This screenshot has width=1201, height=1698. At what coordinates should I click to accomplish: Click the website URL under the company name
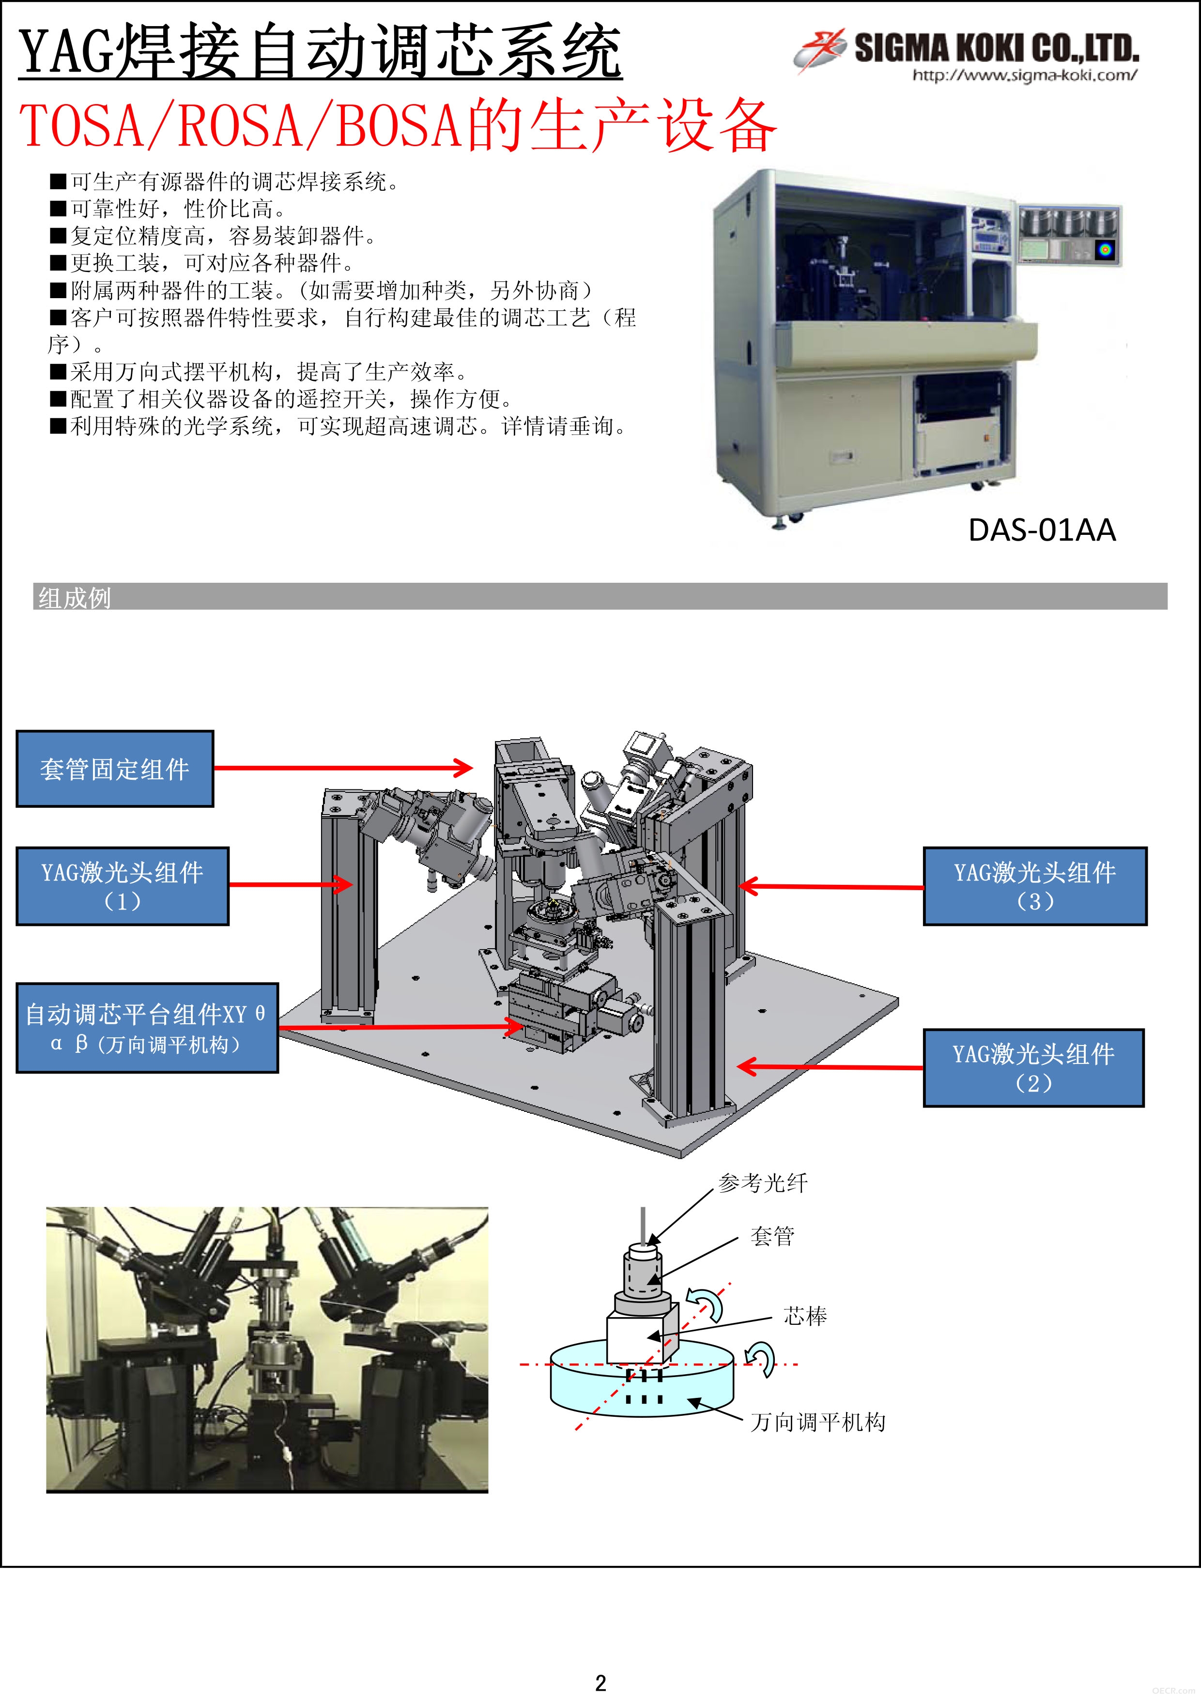[1025, 75]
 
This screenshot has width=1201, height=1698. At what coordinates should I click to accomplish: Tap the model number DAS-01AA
[1042, 530]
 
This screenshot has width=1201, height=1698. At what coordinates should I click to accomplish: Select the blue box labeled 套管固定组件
[115, 769]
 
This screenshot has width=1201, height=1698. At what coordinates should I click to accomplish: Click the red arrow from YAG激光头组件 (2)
[830, 1066]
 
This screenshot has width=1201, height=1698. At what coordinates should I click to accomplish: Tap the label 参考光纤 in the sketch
[763, 1183]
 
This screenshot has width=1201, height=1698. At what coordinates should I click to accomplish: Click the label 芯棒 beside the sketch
[805, 1316]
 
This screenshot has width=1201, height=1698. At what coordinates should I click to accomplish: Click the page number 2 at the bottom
[601, 1683]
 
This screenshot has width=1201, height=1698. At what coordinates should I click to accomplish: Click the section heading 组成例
[75, 598]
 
